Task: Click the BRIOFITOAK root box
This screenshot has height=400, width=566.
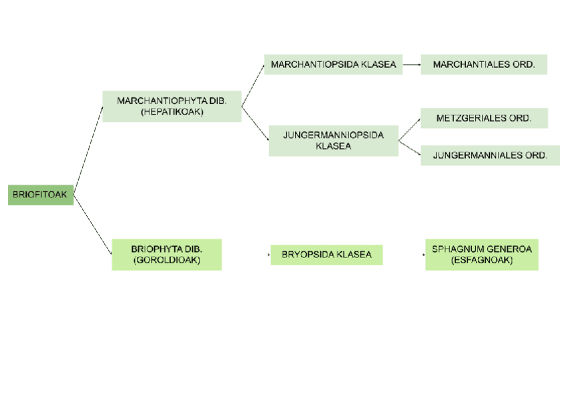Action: pos(40,195)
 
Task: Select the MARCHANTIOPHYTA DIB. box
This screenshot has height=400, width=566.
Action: pos(172,107)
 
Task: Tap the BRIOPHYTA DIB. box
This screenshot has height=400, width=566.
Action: pos(166,255)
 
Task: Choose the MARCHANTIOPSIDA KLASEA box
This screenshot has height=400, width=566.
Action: pos(333,65)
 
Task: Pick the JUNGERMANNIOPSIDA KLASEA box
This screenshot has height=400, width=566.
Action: pos(333,141)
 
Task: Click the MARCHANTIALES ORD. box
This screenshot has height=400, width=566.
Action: pos(483,65)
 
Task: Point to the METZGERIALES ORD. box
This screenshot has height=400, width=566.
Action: pos(484,118)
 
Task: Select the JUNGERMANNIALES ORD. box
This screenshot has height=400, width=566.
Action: pos(489,155)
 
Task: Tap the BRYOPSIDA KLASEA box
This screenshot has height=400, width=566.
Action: pos(326,255)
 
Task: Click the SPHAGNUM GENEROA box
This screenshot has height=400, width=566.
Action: pos(481,255)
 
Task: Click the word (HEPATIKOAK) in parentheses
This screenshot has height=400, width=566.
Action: pos(172,112)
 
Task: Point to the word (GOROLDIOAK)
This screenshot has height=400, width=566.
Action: pos(166,260)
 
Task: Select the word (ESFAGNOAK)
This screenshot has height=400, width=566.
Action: pos(481,260)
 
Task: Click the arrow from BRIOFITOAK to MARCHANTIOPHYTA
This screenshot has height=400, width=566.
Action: pos(88,150)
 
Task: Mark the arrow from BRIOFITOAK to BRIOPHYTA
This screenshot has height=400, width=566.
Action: pos(92,224)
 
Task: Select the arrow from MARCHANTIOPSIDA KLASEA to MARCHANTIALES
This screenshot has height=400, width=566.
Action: pos(411,65)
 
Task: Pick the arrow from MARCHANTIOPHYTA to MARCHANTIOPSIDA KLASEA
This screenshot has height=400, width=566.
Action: pos(253,85)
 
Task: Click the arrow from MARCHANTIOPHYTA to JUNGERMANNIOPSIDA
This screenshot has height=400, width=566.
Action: pos(255,123)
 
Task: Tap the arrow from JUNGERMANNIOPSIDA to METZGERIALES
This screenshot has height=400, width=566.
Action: pos(410,129)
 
